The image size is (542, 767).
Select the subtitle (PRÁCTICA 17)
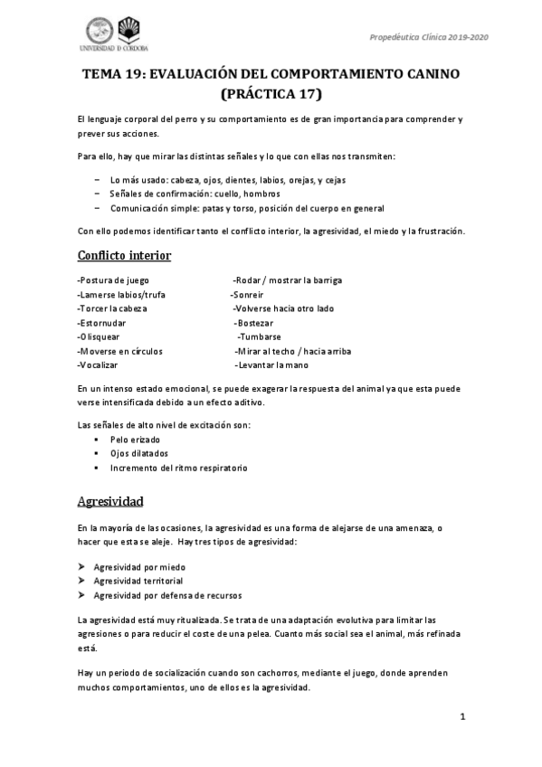click(271, 93)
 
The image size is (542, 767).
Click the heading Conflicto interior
click(123, 256)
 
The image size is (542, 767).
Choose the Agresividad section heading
click(110, 500)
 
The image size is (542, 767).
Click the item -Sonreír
click(250, 294)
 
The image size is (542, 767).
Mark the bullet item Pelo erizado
click(135, 439)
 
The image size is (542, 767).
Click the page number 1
click(461, 717)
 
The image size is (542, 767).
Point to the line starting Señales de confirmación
click(195, 194)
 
